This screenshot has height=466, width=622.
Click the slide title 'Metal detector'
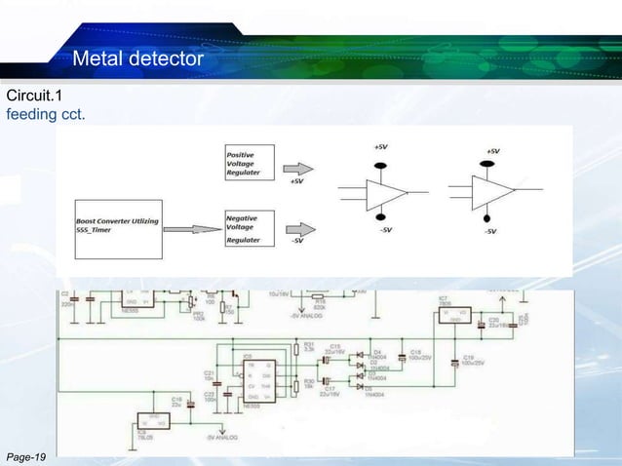click(x=137, y=60)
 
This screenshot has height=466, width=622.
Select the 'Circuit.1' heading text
click(x=34, y=97)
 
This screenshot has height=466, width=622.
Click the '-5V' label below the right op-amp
click(x=489, y=231)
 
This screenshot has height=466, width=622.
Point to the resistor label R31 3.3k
click(x=310, y=346)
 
